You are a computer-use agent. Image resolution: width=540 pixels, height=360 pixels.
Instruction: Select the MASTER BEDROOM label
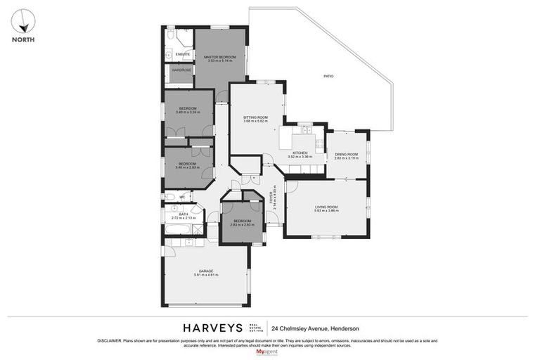click(x=220, y=57)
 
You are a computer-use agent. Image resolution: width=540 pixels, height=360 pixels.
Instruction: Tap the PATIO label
click(x=328, y=76)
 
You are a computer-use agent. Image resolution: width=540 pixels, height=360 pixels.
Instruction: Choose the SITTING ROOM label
click(x=255, y=117)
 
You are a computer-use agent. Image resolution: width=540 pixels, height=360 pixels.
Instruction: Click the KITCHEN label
click(x=300, y=153)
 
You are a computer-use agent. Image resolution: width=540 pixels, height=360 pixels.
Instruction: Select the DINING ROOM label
click(x=346, y=155)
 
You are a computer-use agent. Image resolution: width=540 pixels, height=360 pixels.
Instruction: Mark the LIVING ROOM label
click(x=326, y=206)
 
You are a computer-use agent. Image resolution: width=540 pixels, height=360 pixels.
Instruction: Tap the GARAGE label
click(x=205, y=271)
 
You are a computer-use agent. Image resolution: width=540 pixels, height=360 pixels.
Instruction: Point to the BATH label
click(x=183, y=214)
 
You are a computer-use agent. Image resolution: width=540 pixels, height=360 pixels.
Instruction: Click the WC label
click(x=181, y=197)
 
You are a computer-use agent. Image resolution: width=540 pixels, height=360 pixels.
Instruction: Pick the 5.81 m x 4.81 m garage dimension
click(x=205, y=275)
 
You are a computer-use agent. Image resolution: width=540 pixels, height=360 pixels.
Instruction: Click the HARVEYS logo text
click(x=213, y=328)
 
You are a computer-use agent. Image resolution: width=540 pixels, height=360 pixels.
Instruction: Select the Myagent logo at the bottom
click(x=269, y=352)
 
